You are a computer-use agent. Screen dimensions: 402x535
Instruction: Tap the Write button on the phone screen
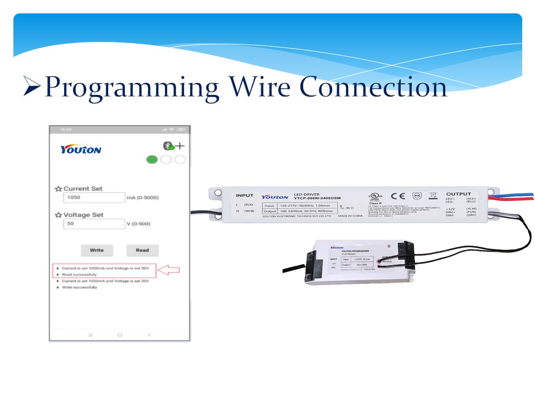97,250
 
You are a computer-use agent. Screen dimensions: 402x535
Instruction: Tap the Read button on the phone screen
142,250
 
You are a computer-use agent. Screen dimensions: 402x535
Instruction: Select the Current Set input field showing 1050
93,198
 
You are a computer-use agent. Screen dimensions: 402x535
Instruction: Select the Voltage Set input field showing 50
93,224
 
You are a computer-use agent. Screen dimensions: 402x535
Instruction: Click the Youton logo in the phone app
81,150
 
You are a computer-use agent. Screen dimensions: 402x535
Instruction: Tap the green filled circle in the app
152,160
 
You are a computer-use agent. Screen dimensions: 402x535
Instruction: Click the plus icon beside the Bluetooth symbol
180,146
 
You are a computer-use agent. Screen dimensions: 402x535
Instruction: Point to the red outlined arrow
169,271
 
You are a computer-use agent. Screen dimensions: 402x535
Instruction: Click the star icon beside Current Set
58,189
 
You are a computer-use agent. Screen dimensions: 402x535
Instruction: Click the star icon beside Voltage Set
58,215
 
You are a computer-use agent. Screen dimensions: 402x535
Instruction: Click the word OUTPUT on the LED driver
458,194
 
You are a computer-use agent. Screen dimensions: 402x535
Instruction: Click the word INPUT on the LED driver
244,195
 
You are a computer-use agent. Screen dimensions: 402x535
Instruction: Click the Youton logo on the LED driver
275,197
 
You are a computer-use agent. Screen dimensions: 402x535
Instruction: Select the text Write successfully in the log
79,288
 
